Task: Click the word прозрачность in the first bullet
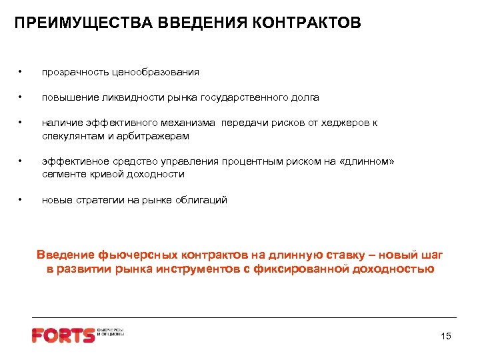pos(72,71)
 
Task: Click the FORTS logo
pos(65,335)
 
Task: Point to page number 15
pos(446,336)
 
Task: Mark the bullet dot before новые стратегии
pos(22,200)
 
